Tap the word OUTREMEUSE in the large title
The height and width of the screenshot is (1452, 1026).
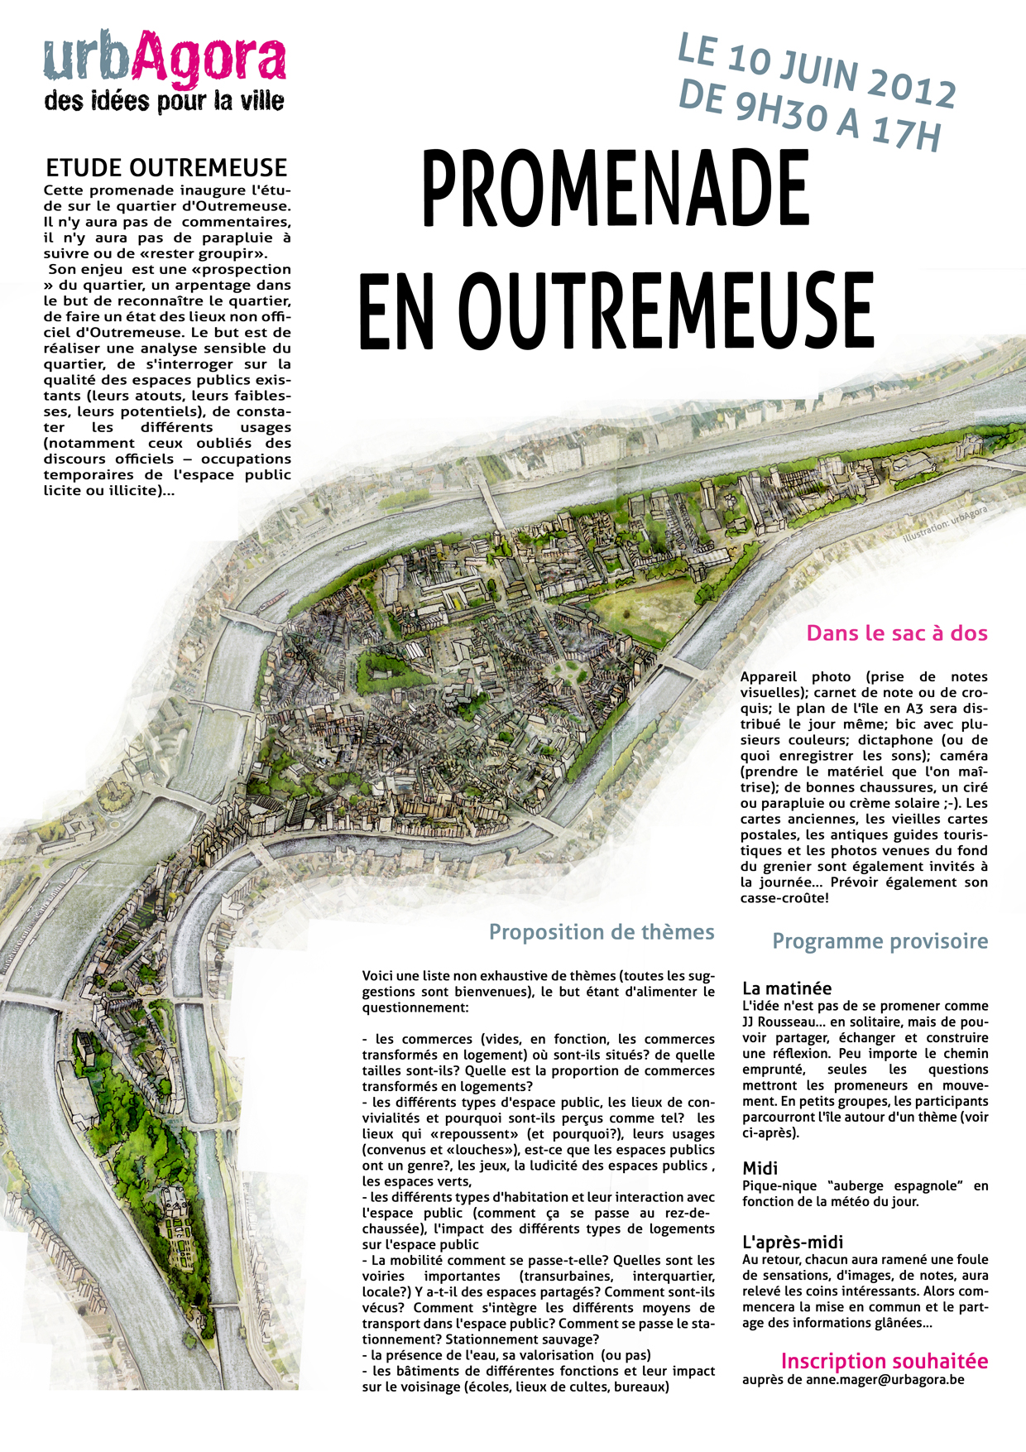666,311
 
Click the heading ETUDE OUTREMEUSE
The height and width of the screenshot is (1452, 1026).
166,168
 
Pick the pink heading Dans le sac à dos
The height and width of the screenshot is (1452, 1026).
897,633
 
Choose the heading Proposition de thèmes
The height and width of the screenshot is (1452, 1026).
602,932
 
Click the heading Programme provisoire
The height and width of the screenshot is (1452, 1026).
880,941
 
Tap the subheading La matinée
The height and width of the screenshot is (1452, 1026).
787,988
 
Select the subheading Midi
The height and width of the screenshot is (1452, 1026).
760,1168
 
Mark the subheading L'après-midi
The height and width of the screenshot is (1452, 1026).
793,1242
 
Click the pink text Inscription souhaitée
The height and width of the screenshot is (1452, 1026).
885,1361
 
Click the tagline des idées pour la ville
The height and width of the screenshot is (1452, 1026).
165,102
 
